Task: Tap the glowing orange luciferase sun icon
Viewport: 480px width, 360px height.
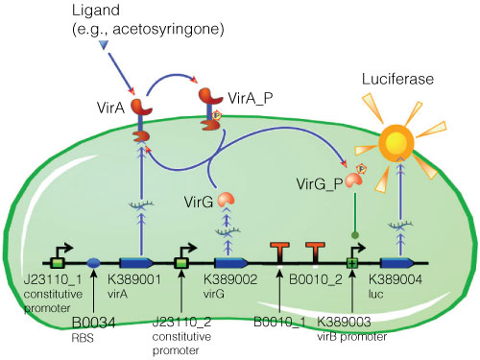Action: click(422, 145)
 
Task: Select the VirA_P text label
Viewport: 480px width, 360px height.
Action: click(250, 99)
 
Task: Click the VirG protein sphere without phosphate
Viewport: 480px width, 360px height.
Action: click(224, 199)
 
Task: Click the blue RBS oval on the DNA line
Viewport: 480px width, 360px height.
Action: click(94, 261)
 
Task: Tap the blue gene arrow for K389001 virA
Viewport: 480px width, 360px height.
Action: click(136, 261)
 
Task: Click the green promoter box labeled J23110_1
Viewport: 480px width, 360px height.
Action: click(58, 261)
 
